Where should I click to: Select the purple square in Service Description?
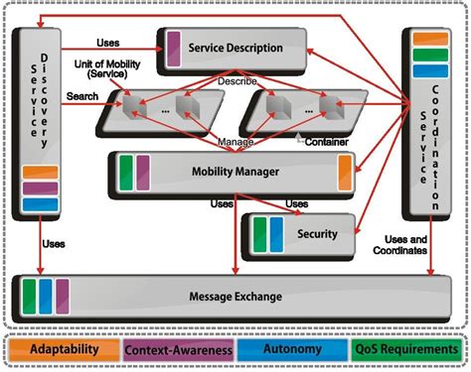click(173, 47)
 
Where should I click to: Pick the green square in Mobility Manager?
click(126, 170)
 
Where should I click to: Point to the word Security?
click(317, 234)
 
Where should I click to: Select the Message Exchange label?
click(236, 296)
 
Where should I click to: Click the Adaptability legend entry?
click(65, 350)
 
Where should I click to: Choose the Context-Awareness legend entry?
click(179, 350)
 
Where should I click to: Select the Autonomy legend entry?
click(292, 350)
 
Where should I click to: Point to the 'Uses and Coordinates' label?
click(404, 244)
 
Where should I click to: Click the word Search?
click(81, 95)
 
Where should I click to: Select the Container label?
click(327, 141)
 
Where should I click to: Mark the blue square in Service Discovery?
click(41, 204)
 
